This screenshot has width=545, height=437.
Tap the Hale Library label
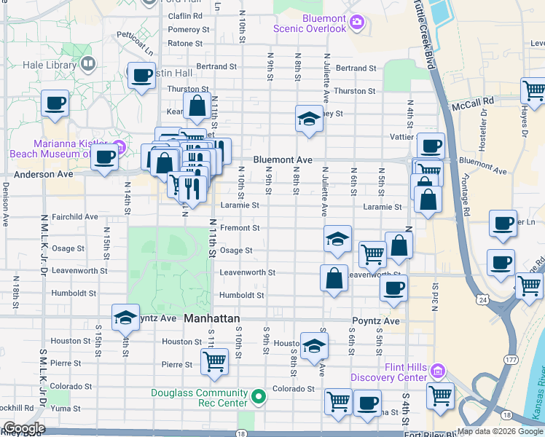pyautogui.click(x=39, y=64)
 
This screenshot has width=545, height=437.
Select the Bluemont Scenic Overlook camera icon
pyautogui.click(x=356, y=23)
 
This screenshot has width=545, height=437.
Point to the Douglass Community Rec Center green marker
pyautogui.click(x=258, y=398)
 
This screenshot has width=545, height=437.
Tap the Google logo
pyautogui.click(x=23, y=428)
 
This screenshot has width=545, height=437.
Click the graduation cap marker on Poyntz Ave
pyautogui.click(x=126, y=317)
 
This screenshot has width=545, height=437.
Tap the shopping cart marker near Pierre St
pyautogui.click(x=214, y=361)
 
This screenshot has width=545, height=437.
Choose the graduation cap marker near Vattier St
pyautogui.click(x=309, y=118)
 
